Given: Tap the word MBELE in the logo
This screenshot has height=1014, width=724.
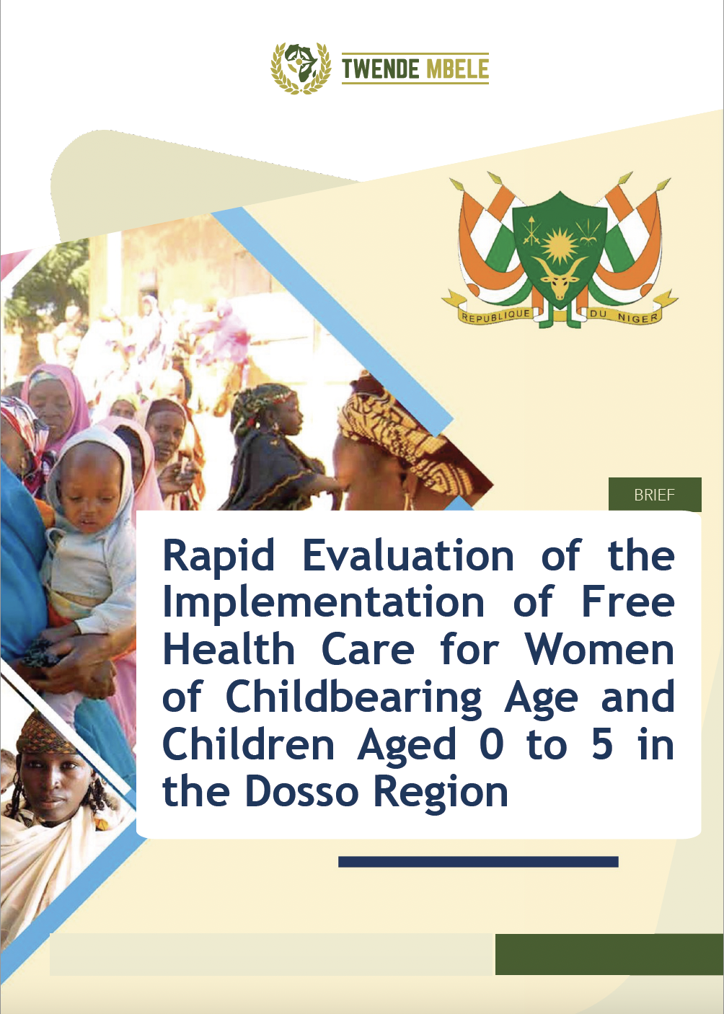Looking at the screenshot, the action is [x=457, y=69].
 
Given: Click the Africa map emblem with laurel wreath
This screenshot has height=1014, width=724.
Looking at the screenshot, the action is [x=301, y=68].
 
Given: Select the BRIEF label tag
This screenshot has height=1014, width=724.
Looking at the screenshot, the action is [x=655, y=495].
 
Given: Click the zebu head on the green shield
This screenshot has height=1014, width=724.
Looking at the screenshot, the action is [x=560, y=281].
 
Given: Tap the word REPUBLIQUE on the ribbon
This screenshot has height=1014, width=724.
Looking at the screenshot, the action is [x=495, y=315].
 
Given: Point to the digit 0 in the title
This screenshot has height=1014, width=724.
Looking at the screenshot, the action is [x=491, y=745].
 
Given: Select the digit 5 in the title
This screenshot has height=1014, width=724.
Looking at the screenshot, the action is [x=602, y=745].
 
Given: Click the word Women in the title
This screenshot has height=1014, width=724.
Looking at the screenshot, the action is [x=599, y=650].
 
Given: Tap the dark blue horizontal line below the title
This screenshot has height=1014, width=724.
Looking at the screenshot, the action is [x=478, y=862].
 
